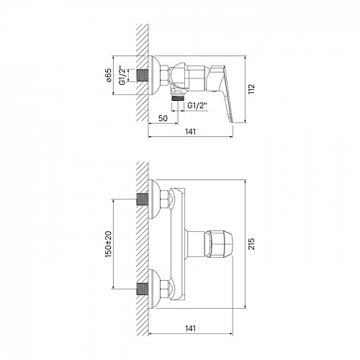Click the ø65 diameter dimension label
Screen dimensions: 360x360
pos(108,76)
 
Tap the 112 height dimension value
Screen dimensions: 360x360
pos(251,89)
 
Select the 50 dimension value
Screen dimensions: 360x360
pos(163,118)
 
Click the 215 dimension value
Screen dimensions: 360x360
pos(251,244)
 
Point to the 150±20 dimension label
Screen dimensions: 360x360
pos(109,244)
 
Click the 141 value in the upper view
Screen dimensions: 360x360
pos(190,132)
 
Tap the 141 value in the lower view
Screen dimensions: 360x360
pos(190,328)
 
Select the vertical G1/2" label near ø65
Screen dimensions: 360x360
pos(122,76)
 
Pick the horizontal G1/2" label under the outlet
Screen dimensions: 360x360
pos(197,106)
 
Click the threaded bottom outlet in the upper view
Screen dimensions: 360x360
pos(178,97)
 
